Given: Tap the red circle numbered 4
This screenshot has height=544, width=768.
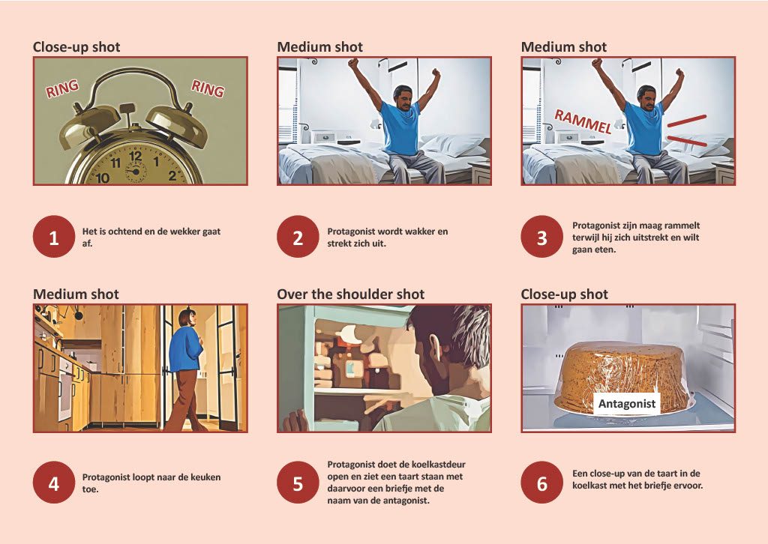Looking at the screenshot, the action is click(x=54, y=483).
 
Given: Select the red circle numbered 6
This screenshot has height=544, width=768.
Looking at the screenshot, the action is click(x=541, y=483).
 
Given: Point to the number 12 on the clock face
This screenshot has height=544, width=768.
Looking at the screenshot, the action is click(x=136, y=157).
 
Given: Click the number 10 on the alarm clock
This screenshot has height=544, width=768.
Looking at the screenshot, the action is click(x=102, y=178).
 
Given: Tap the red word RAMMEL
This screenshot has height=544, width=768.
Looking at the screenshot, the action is click(x=583, y=121).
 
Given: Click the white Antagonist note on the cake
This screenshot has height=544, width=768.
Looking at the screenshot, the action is click(x=627, y=404).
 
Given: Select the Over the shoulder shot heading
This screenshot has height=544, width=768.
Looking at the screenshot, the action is click(x=351, y=294).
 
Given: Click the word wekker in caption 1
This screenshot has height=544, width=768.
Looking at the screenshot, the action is click(x=187, y=232).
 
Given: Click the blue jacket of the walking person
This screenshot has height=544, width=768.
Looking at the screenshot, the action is click(x=185, y=348).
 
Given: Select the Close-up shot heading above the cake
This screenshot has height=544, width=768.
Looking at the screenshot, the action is click(x=564, y=294).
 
